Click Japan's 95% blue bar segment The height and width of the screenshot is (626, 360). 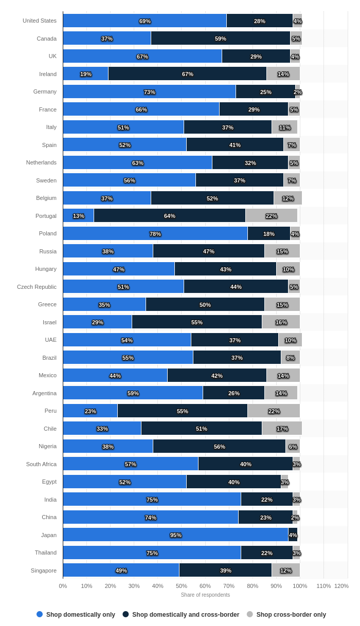pyautogui.click(x=175, y=535)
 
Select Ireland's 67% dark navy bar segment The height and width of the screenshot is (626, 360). pyautogui.click(x=187, y=74)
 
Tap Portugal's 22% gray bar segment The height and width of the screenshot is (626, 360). pyautogui.click(x=271, y=216)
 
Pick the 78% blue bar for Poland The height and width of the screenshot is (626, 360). pyautogui.click(x=155, y=234)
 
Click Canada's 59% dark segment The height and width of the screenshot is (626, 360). pyautogui.click(x=220, y=39)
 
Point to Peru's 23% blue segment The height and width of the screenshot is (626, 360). pyautogui.click(x=90, y=411)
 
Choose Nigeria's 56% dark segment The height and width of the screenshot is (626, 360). pyautogui.click(x=219, y=447)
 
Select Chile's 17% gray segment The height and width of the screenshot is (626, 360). pyautogui.click(x=282, y=429)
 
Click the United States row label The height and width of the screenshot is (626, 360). pyautogui.click(x=40, y=21)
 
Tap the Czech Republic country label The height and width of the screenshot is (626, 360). pyautogui.click(x=37, y=287)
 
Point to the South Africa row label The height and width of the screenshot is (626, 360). pyautogui.click(x=41, y=464)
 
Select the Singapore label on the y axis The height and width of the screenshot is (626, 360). pyautogui.click(x=43, y=570)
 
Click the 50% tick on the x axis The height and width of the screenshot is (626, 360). pyautogui.click(x=182, y=586)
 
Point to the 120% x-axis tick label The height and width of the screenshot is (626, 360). pyautogui.click(x=341, y=586)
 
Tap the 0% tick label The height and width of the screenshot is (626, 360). pyautogui.click(x=63, y=586)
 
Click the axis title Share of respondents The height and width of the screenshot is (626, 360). pyautogui.click(x=205, y=595)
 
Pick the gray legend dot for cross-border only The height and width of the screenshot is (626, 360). pyautogui.click(x=250, y=614)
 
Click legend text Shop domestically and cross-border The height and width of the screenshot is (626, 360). pyautogui.click(x=186, y=615)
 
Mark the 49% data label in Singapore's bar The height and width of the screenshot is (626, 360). pyautogui.click(x=121, y=570)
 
